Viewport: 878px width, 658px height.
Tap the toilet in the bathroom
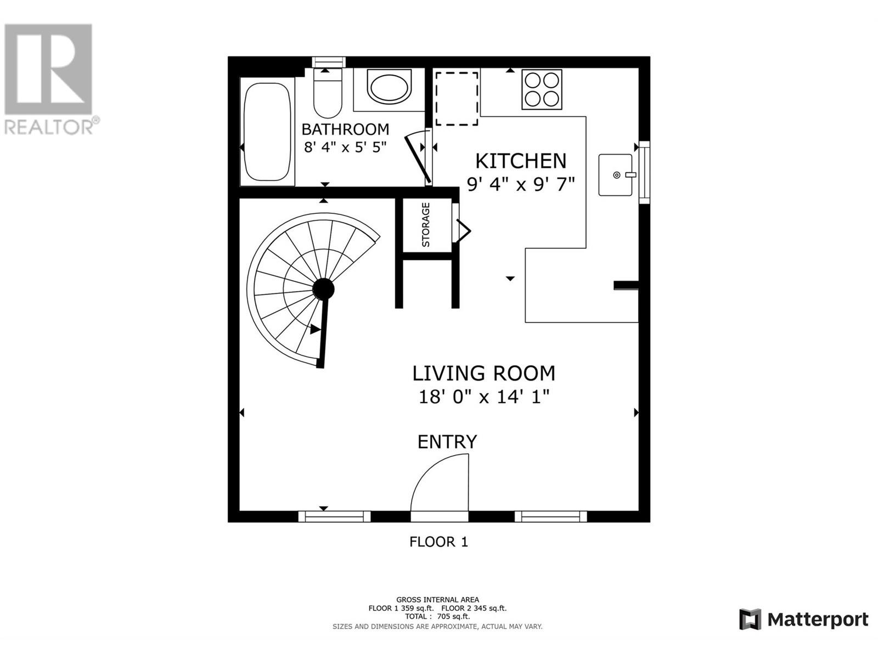(x=328, y=94)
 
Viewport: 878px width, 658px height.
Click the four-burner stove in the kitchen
(x=542, y=89)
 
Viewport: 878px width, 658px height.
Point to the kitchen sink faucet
(x=629, y=175)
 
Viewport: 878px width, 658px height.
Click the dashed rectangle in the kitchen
(x=457, y=99)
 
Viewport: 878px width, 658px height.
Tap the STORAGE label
(x=426, y=225)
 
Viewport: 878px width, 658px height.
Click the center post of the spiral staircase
(x=324, y=288)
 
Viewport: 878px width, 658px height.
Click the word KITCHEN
(x=520, y=161)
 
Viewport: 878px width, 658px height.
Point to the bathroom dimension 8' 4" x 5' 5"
(x=345, y=147)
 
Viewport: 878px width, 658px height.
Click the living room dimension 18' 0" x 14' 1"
(x=484, y=396)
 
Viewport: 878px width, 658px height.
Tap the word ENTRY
(x=447, y=442)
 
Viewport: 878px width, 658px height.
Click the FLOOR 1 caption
(x=438, y=542)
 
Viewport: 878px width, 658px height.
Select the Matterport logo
(x=804, y=620)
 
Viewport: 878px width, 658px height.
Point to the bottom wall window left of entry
(x=334, y=516)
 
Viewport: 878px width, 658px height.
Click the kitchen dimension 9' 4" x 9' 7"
(x=520, y=184)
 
